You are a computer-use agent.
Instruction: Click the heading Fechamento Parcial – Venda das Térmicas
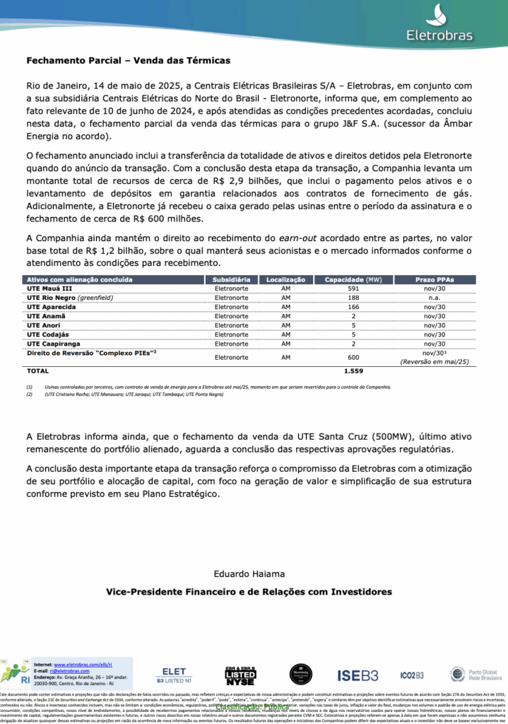point(128,62)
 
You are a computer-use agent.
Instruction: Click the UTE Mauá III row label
point(49,288)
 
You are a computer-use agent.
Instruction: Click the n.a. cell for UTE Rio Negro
point(445,298)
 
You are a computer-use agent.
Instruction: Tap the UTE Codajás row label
point(48,334)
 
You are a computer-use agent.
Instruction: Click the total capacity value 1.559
point(353,370)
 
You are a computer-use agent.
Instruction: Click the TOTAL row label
point(37,370)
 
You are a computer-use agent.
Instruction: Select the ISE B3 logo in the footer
point(358,675)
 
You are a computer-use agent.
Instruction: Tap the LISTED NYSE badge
point(240,677)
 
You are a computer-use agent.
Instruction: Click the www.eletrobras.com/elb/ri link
point(83,665)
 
